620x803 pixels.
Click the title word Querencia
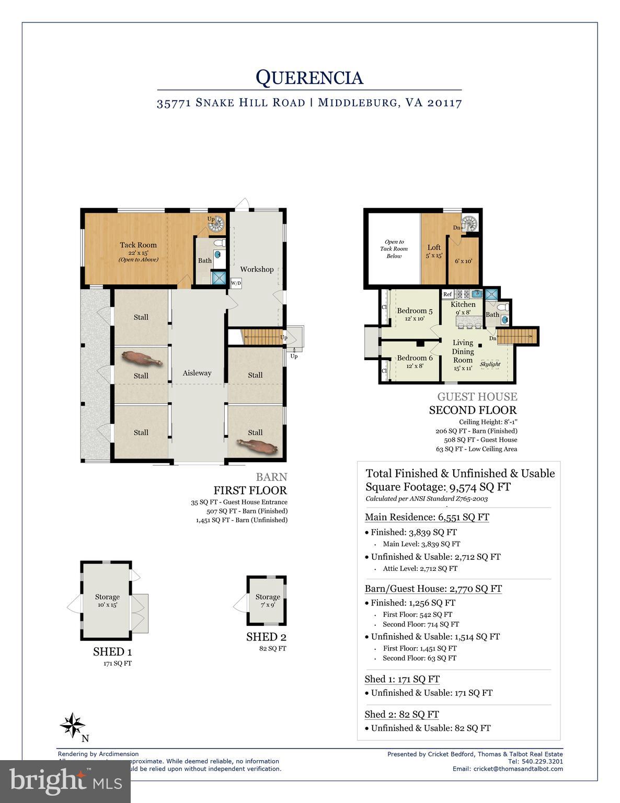309,78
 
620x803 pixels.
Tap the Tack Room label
138,245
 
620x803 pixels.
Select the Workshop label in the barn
257,269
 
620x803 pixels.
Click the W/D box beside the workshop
236,283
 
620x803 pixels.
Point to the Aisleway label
197,373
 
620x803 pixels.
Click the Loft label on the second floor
434,247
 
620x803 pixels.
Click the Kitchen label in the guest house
463,304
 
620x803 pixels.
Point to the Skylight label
490,364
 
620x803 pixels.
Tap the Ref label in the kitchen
447,294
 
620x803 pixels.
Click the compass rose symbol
72,725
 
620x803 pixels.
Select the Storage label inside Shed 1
107,596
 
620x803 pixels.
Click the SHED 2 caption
266,637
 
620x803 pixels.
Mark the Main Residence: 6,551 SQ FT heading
427,517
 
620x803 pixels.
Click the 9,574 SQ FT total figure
479,487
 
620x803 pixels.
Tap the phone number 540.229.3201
542,761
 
